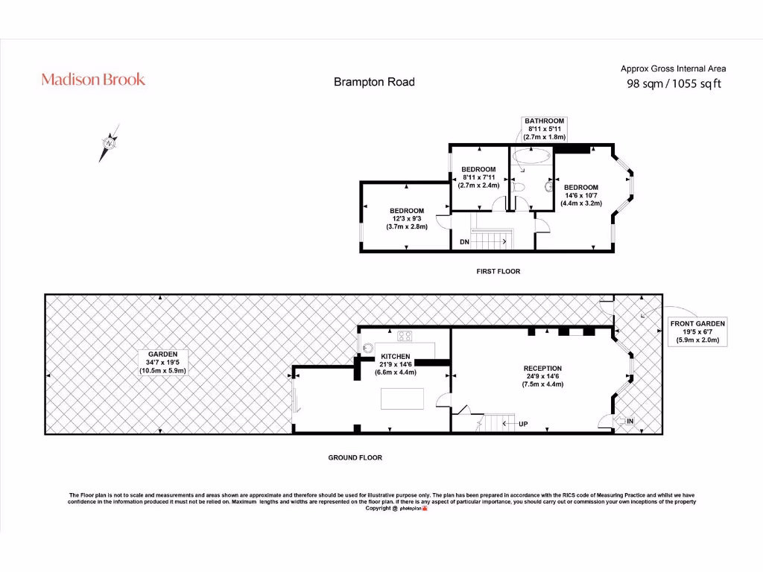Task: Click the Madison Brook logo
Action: pos(93,79)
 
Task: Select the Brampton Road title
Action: pos(374,82)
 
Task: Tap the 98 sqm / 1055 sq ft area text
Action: pos(674,83)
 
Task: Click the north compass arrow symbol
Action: pos(109,142)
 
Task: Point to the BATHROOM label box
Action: pos(544,129)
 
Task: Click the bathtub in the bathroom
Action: pos(532,156)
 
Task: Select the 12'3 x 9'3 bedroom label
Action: pos(406,218)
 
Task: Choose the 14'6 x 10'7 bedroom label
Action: pos(580,195)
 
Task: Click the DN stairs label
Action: pos(464,242)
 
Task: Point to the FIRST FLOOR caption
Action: pos(498,272)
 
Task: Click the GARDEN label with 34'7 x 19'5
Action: pos(162,362)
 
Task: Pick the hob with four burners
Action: pos(405,334)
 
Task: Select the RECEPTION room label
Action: pos(542,376)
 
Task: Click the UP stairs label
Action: pos(522,424)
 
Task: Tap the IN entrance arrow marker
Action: pos(623,422)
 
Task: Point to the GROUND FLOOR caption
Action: pos(355,457)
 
